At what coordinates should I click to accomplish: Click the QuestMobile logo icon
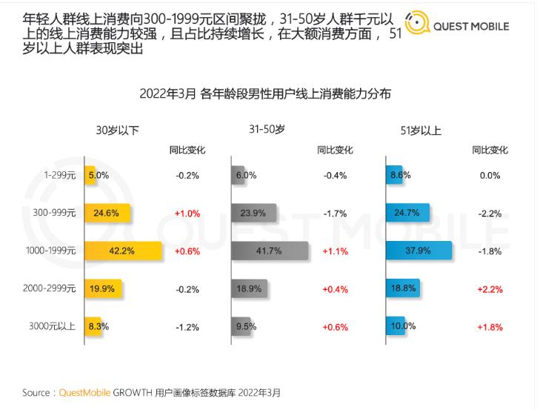(x=417, y=25)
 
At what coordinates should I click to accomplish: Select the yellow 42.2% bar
(x=122, y=251)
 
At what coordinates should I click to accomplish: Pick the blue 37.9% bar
(x=419, y=251)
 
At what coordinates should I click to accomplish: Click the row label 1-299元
(x=60, y=176)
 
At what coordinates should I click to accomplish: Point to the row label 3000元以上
(x=51, y=325)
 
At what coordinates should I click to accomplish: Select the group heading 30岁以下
(x=117, y=130)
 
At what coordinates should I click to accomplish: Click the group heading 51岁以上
(x=421, y=130)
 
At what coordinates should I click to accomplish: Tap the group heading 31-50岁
(x=267, y=130)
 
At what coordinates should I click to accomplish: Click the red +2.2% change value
(x=490, y=288)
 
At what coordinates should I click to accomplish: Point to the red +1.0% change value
(x=187, y=213)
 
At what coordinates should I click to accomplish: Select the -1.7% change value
(x=336, y=213)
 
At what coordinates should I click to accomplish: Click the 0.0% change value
(x=490, y=176)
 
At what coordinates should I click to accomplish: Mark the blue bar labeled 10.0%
(x=396, y=325)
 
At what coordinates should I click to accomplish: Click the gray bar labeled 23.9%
(x=253, y=213)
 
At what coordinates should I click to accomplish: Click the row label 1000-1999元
(x=50, y=251)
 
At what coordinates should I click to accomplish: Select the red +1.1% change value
(x=336, y=251)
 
